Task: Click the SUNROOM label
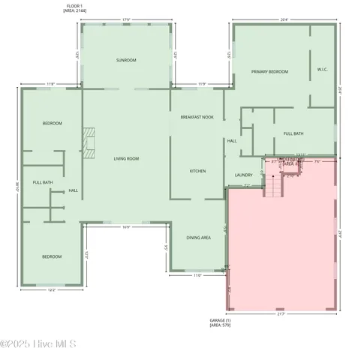(x=125, y=60)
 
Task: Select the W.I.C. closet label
(x=323, y=70)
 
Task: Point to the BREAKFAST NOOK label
(x=198, y=118)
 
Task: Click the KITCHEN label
(x=197, y=171)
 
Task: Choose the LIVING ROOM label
(x=126, y=159)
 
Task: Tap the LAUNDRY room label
(x=243, y=175)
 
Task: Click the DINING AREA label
(x=198, y=238)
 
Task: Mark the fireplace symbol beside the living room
(x=89, y=142)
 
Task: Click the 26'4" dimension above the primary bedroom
(x=283, y=20)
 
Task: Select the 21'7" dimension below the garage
(x=281, y=314)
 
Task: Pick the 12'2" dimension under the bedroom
(x=51, y=290)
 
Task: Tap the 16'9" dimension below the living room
(x=126, y=227)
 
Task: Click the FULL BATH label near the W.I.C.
(x=293, y=133)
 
